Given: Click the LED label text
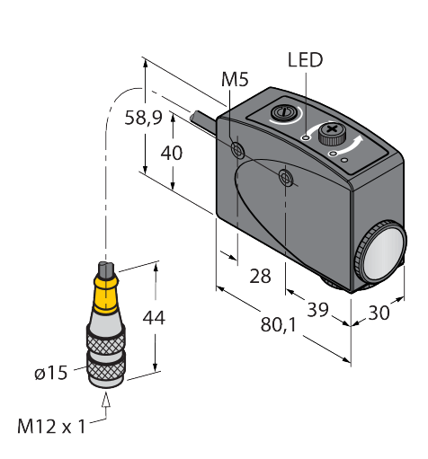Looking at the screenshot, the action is (x=305, y=60).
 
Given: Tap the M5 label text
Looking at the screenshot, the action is (x=235, y=80).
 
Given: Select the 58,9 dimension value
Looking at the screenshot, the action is (x=143, y=118).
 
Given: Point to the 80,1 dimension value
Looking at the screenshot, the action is (x=279, y=324).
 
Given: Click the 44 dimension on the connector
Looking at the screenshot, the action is (x=154, y=318).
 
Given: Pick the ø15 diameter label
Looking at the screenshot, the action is (x=50, y=373).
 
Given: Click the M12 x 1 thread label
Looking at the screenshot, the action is (x=51, y=427).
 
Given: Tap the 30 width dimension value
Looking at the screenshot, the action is (x=379, y=313).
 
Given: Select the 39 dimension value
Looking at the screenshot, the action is (x=317, y=310).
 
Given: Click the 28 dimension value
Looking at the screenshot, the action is (x=260, y=276).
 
